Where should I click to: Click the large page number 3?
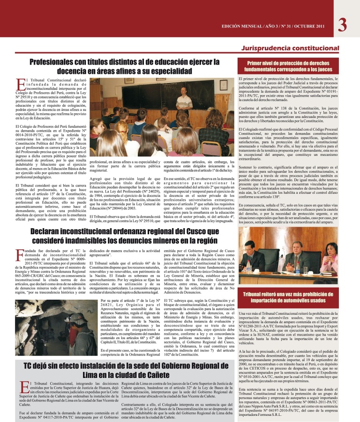342,24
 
